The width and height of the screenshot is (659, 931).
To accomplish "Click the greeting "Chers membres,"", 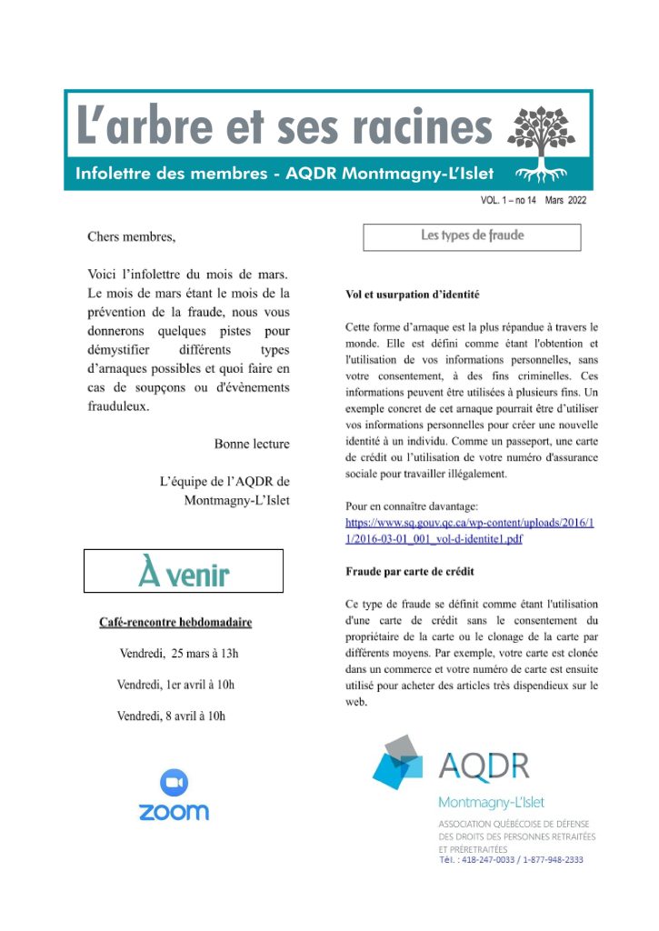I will point(131,237).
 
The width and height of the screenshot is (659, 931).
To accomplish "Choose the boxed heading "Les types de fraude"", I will point(472,235).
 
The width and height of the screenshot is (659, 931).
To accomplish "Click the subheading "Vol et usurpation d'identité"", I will point(412,295).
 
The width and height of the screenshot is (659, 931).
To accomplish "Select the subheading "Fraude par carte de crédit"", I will point(410,572).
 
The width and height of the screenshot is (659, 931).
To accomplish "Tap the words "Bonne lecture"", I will point(252,444).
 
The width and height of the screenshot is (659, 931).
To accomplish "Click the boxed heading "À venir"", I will point(184,572).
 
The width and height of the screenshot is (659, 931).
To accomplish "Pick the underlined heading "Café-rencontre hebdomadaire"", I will point(175,623).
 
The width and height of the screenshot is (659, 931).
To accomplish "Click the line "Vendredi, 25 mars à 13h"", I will point(179,654).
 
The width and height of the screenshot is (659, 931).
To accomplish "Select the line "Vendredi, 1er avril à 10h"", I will point(181,685).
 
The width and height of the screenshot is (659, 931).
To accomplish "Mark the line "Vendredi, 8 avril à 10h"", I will point(171,716).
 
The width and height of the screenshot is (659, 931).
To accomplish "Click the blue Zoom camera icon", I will point(174,782).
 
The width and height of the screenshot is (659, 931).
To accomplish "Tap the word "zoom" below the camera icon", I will point(174,811).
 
